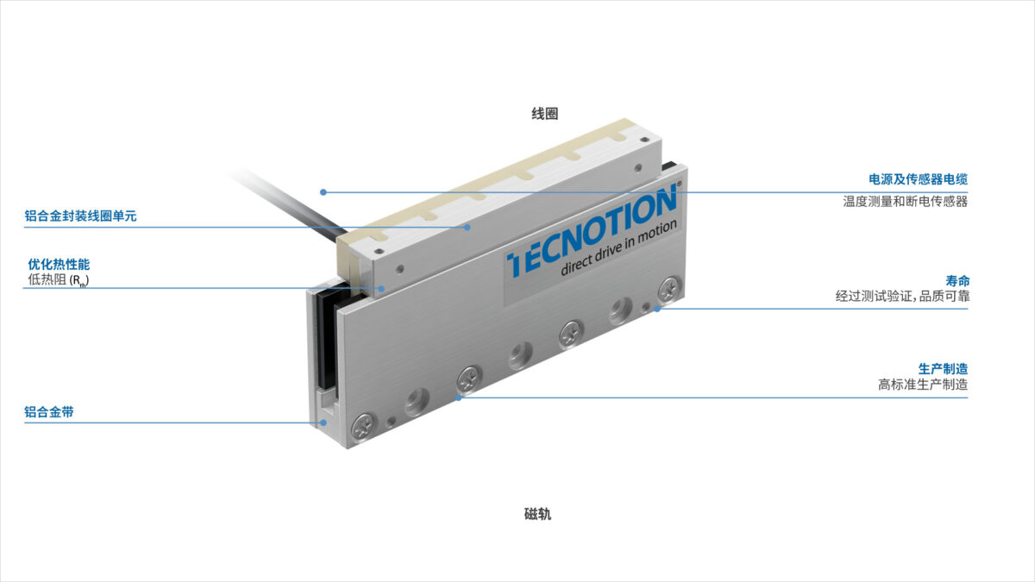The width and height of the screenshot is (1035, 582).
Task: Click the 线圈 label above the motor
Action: click(545, 114)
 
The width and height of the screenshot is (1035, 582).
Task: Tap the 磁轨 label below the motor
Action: click(538, 514)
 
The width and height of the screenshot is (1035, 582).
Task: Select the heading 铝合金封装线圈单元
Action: click(80, 216)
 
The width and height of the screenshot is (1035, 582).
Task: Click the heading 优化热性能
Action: click(59, 264)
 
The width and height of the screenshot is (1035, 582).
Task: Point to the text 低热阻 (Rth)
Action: click(59, 280)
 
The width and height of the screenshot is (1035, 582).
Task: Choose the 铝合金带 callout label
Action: click(49, 412)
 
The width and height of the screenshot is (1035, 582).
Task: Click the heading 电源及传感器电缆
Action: click(918, 179)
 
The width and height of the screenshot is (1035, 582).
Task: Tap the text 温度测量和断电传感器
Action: click(905, 202)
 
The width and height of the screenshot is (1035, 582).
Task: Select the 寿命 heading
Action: click(957, 281)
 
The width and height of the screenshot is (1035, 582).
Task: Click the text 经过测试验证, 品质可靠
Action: click(902, 296)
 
